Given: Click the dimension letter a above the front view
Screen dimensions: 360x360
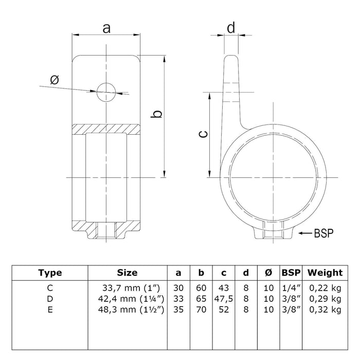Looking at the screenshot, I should point(106,28).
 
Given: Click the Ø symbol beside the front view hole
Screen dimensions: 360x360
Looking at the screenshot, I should point(55,80).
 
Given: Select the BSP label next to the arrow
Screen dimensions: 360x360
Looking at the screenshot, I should point(323,219).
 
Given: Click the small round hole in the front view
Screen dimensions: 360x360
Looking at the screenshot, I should point(106,92).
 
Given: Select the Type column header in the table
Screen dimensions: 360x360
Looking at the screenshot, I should point(50,273).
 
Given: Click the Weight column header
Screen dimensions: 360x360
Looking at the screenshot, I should point(325,273).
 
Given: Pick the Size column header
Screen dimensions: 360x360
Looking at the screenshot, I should point(127,273).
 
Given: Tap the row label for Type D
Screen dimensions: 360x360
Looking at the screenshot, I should point(50,299).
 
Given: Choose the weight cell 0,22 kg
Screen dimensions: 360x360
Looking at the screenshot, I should point(325,289).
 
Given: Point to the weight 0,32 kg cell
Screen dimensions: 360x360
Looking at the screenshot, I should point(325,309).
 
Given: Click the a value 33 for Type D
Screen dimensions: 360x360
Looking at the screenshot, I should point(178,299).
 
